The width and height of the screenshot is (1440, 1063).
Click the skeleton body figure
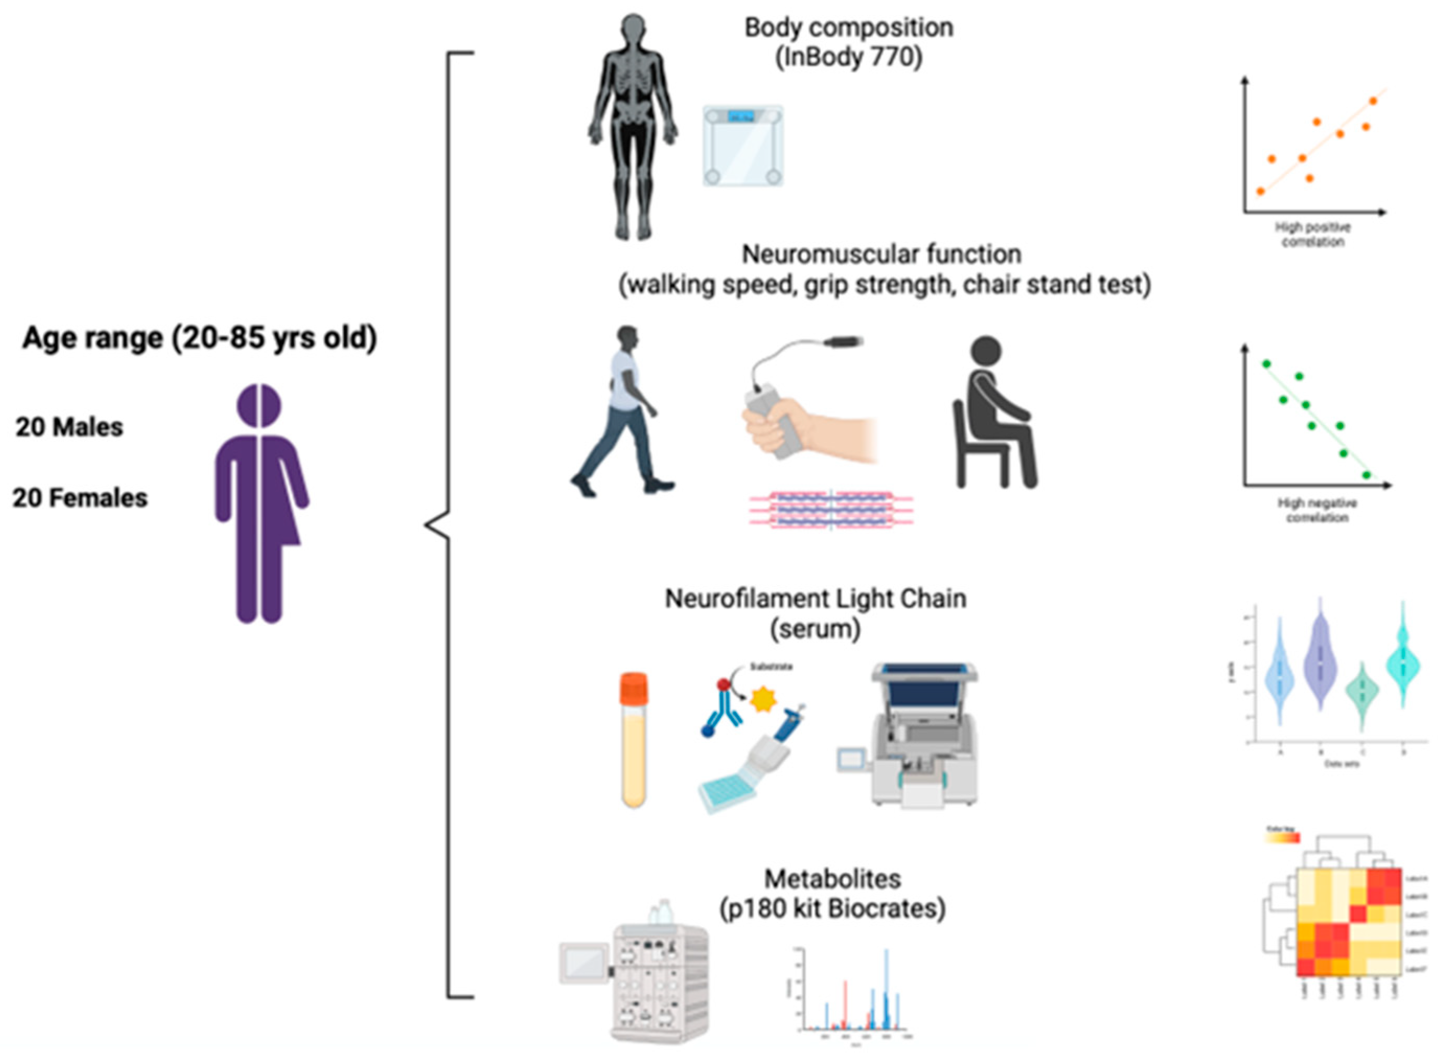tap(633, 129)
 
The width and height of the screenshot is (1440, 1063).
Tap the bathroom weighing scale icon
tap(743, 146)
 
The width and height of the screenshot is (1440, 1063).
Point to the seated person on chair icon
tap(994, 415)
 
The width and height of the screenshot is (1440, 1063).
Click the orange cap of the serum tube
tap(633, 687)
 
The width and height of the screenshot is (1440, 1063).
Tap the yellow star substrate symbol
tap(764, 700)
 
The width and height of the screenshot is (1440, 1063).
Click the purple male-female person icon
tap(260, 502)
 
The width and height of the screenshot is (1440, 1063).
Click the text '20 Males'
tap(70, 427)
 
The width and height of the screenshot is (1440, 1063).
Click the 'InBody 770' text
tap(849, 58)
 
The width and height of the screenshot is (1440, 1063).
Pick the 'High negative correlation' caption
tap(1317, 510)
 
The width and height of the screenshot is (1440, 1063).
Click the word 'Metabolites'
tap(832, 878)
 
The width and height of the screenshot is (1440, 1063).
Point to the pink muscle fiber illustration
tap(831, 510)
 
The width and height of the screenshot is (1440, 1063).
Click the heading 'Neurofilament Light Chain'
tap(815, 598)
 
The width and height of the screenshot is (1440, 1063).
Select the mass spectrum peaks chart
tap(852, 997)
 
